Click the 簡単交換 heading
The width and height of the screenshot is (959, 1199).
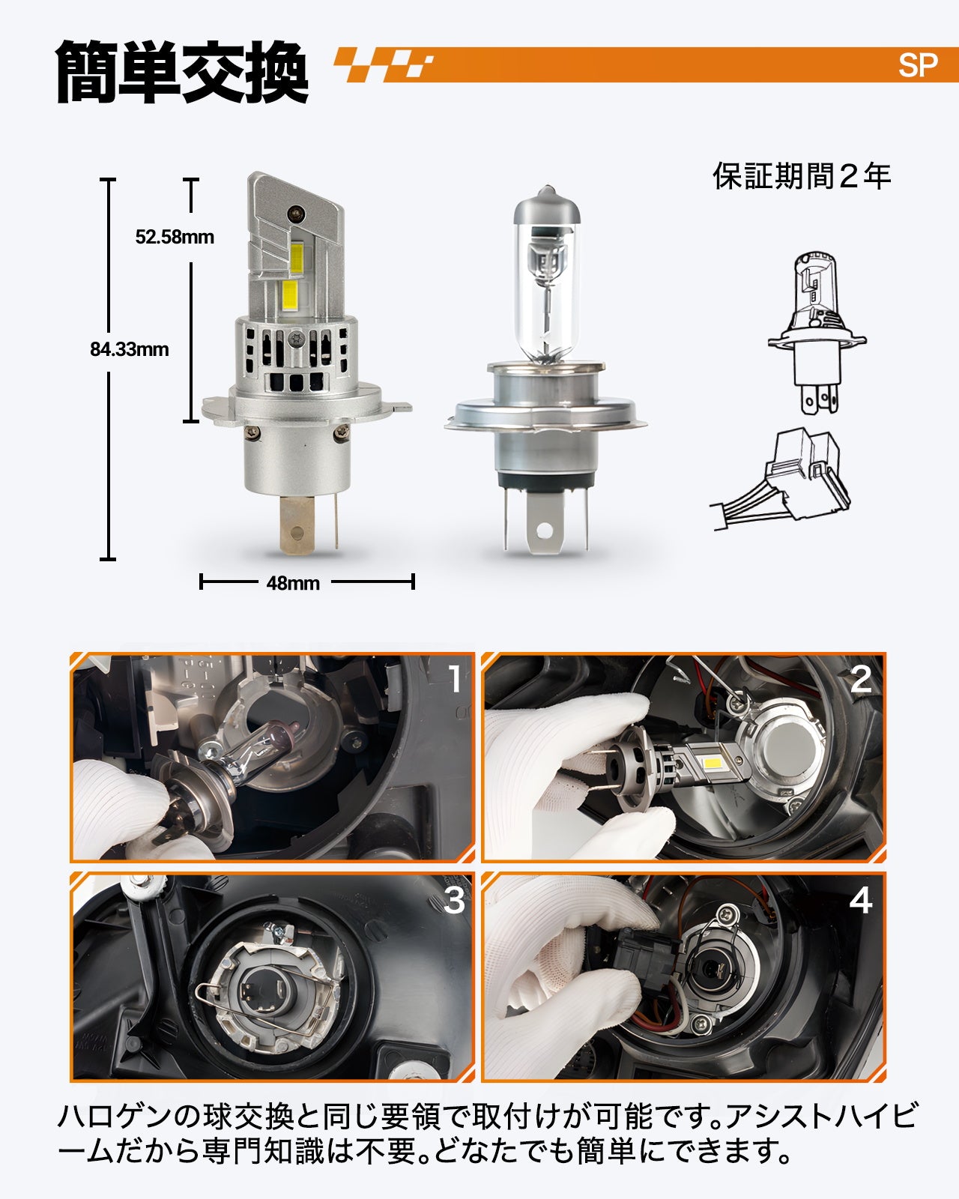point(181,72)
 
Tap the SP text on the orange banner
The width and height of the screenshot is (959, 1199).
point(918,66)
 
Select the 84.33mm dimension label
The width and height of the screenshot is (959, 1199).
point(130,349)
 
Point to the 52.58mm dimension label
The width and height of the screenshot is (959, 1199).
point(175,237)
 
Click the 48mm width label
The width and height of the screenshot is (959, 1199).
point(293,583)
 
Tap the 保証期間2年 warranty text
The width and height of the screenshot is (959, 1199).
point(802,177)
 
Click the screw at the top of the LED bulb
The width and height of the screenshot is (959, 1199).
point(296,213)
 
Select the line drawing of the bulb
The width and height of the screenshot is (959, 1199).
point(817,332)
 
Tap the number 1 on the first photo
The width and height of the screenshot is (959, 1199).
point(456,680)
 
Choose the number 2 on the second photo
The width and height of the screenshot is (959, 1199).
point(861,680)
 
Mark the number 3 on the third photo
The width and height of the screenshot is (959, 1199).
point(454,900)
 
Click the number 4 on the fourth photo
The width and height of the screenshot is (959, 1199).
point(861,900)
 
